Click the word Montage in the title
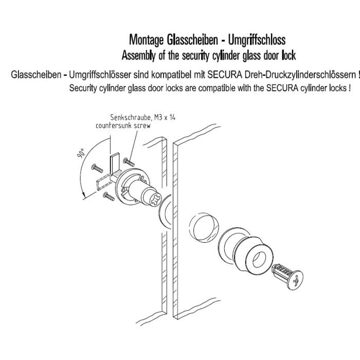tap(146, 40)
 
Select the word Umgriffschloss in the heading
tap(257, 40)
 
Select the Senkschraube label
tap(131, 118)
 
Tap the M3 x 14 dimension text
tap(165, 117)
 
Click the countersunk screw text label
tap(123, 126)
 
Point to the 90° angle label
tap(81, 153)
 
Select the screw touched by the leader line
tap(129, 162)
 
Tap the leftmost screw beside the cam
tap(97, 168)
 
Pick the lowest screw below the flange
tap(109, 196)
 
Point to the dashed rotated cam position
tap(103, 182)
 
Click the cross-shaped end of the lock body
tap(155, 200)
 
